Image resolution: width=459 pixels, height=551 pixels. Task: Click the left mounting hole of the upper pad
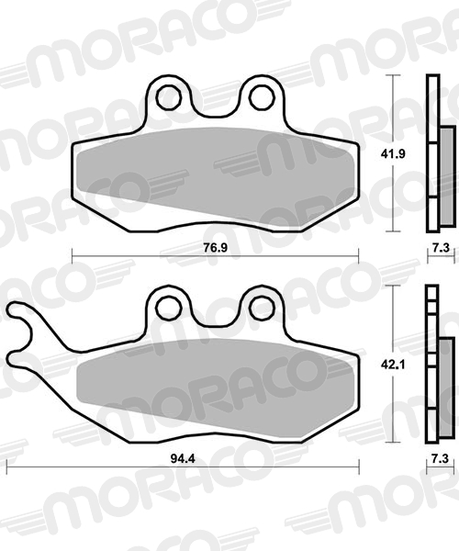(168, 96)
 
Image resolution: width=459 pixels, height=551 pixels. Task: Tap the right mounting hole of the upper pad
(260, 96)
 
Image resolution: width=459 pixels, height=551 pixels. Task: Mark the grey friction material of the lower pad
(211, 386)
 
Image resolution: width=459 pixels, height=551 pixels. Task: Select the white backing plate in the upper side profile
(431, 152)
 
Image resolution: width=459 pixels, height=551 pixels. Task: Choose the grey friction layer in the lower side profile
(446, 377)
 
